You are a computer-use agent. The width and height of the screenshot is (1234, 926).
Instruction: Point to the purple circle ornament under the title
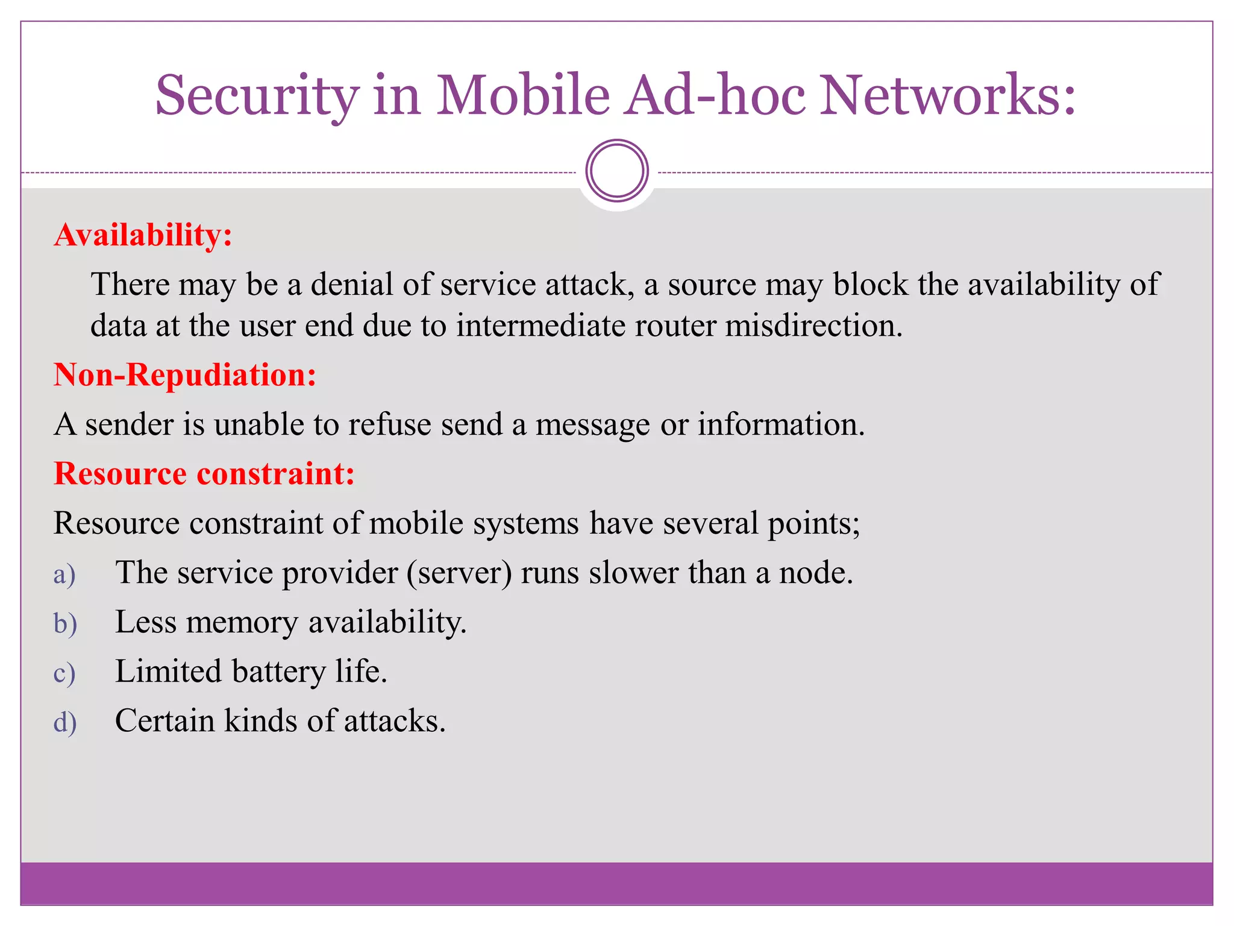[x=617, y=171]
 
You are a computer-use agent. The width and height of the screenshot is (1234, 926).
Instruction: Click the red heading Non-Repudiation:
[x=185, y=375]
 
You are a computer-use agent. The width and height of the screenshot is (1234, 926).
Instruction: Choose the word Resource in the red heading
[x=120, y=473]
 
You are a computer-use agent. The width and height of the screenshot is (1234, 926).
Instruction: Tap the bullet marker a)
[x=64, y=574]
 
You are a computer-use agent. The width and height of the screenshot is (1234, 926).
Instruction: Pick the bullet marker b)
[x=65, y=623]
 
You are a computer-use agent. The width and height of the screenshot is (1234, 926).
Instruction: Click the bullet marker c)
[x=64, y=673]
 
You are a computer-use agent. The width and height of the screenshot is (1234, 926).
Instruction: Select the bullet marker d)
[x=65, y=722]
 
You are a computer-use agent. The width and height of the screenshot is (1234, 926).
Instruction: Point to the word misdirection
[x=813, y=326]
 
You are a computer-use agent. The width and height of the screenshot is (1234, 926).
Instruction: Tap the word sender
[x=129, y=424]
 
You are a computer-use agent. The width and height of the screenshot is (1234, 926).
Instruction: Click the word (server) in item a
[x=459, y=573]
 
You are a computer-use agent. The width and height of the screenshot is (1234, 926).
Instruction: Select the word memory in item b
[x=242, y=623]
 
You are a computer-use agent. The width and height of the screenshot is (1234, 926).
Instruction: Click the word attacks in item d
[x=395, y=721]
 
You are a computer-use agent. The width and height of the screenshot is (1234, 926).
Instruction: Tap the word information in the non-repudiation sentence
[x=781, y=424]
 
